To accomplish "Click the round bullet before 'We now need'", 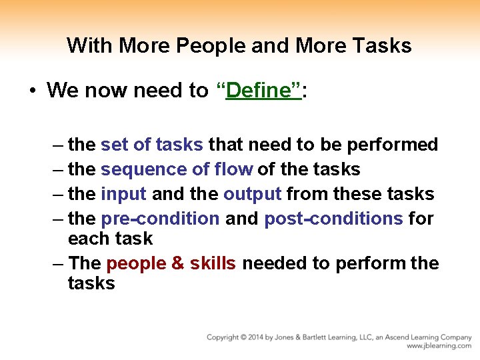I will (32, 91).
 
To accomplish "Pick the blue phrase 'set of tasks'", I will (151, 145).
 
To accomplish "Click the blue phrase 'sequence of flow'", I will (177, 169).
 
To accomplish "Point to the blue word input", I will (124, 194).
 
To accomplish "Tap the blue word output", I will (253, 194).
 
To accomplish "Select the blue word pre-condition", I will (160, 219).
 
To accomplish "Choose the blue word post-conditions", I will (333, 219).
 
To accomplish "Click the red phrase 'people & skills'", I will (171, 263).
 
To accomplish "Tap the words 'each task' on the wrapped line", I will (110, 239).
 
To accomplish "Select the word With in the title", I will (85, 46).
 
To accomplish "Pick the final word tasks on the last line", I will (91, 283).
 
